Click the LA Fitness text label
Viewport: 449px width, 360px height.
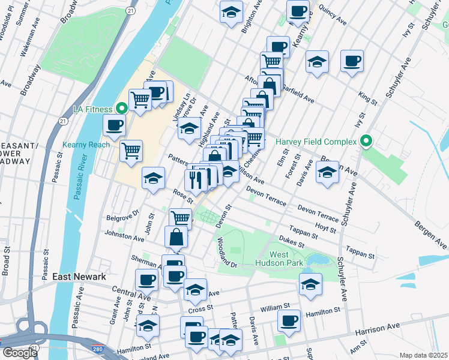[x=92, y=109]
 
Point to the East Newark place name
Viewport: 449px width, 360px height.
[x=79, y=277]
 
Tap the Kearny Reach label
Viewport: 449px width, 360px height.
[x=86, y=145]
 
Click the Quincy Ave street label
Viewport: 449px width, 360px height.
[x=333, y=16]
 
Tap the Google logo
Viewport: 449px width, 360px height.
[x=19, y=353]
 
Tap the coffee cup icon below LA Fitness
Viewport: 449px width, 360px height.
[x=114, y=125]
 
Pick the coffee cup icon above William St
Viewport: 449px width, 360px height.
[x=289, y=320]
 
